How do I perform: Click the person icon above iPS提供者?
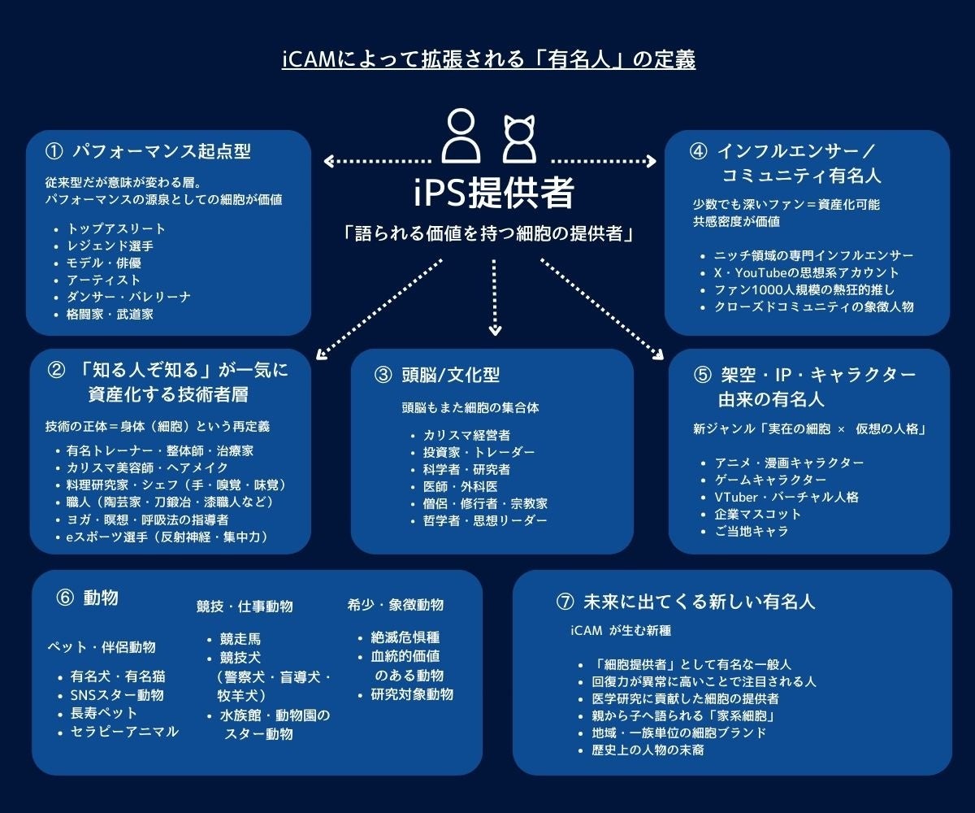click(461, 137)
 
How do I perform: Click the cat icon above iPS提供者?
click(518, 138)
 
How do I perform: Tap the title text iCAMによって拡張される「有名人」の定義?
click(488, 60)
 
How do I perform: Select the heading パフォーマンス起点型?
click(161, 151)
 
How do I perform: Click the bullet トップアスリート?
click(116, 229)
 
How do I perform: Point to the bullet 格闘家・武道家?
click(110, 314)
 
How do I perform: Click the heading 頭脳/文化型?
click(449, 375)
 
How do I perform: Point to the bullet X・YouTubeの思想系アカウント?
click(807, 272)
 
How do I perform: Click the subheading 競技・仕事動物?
click(245, 606)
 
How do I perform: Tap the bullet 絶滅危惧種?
click(405, 637)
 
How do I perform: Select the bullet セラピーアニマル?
click(124, 732)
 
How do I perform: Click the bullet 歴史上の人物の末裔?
click(648, 750)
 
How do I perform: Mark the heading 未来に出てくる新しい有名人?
click(699, 602)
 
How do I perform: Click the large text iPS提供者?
click(493, 193)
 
